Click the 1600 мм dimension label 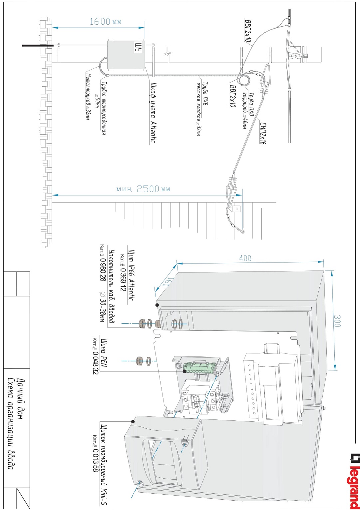coord(105,22)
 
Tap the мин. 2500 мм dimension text coord(143,189)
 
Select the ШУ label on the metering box coord(138,47)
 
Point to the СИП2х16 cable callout coord(263,133)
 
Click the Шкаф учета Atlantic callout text coord(153,112)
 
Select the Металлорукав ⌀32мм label coord(88,96)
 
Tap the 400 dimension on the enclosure coord(245,258)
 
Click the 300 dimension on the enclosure coord(337,321)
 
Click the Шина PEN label coord(103,353)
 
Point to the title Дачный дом coord(20,399)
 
